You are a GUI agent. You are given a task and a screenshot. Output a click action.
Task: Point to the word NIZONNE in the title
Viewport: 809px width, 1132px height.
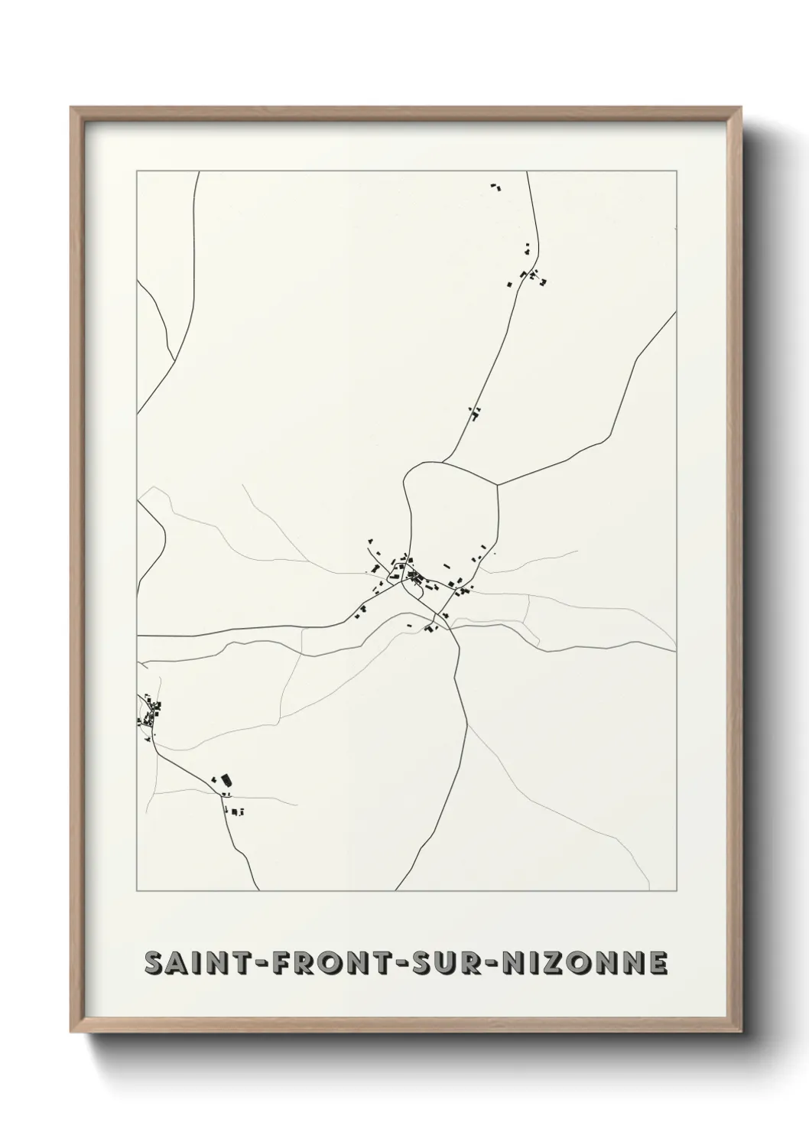point(584,964)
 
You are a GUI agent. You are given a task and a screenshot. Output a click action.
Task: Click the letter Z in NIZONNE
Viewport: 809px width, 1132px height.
point(560,964)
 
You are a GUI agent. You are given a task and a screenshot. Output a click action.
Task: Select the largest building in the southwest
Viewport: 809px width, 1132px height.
point(226,781)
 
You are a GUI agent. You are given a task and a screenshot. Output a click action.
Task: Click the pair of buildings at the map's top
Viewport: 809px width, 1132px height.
point(495,186)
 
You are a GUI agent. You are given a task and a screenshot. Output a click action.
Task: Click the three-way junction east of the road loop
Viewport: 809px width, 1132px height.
point(498,484)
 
